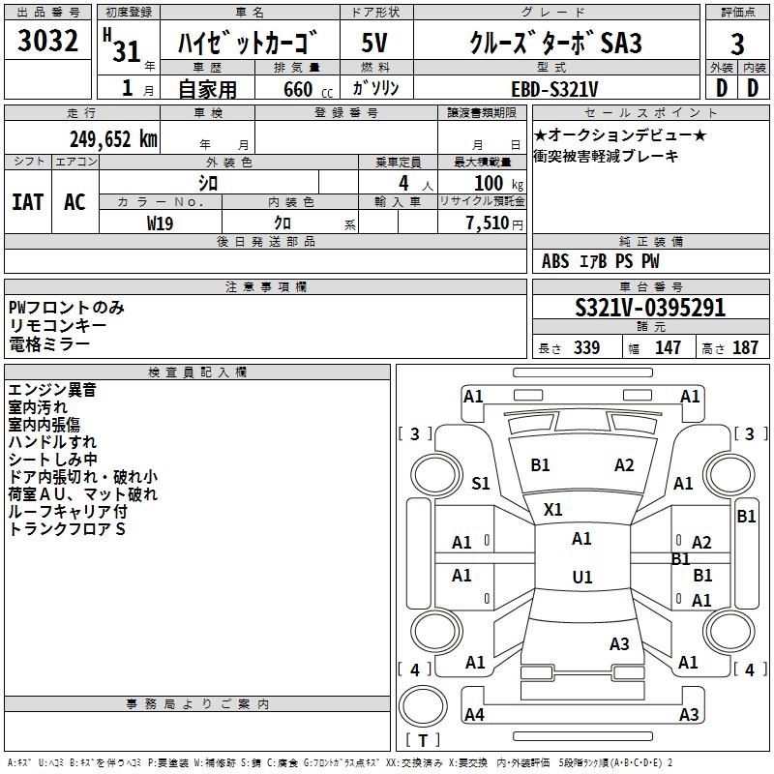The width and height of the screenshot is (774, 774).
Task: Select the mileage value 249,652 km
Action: [x=113, y=139]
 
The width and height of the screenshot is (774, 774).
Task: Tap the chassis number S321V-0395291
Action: [x=650, y=309]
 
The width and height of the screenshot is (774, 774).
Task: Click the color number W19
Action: [x=161, y=223]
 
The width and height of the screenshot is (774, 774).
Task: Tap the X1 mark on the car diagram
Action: [x=553, y=509]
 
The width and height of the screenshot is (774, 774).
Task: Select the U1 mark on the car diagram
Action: [x=581, y=577]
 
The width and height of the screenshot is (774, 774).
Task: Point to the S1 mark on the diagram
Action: [x=481, y=484]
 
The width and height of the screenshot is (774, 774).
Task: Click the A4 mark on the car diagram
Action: [x=474, y=715]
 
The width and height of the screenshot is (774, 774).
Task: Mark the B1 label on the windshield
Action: [x=540, y=465]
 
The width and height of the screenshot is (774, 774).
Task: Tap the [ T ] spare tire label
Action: [x=423, y=741]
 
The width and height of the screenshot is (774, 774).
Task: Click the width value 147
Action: [x=668, y=347]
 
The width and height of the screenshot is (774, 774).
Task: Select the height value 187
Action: [x=745, y=347]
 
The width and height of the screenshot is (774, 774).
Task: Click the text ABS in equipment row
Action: [x=555, y=260]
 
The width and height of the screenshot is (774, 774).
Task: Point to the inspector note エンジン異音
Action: [x=52, y=390]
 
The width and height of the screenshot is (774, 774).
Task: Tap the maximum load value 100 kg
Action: [x=493, y=183]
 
